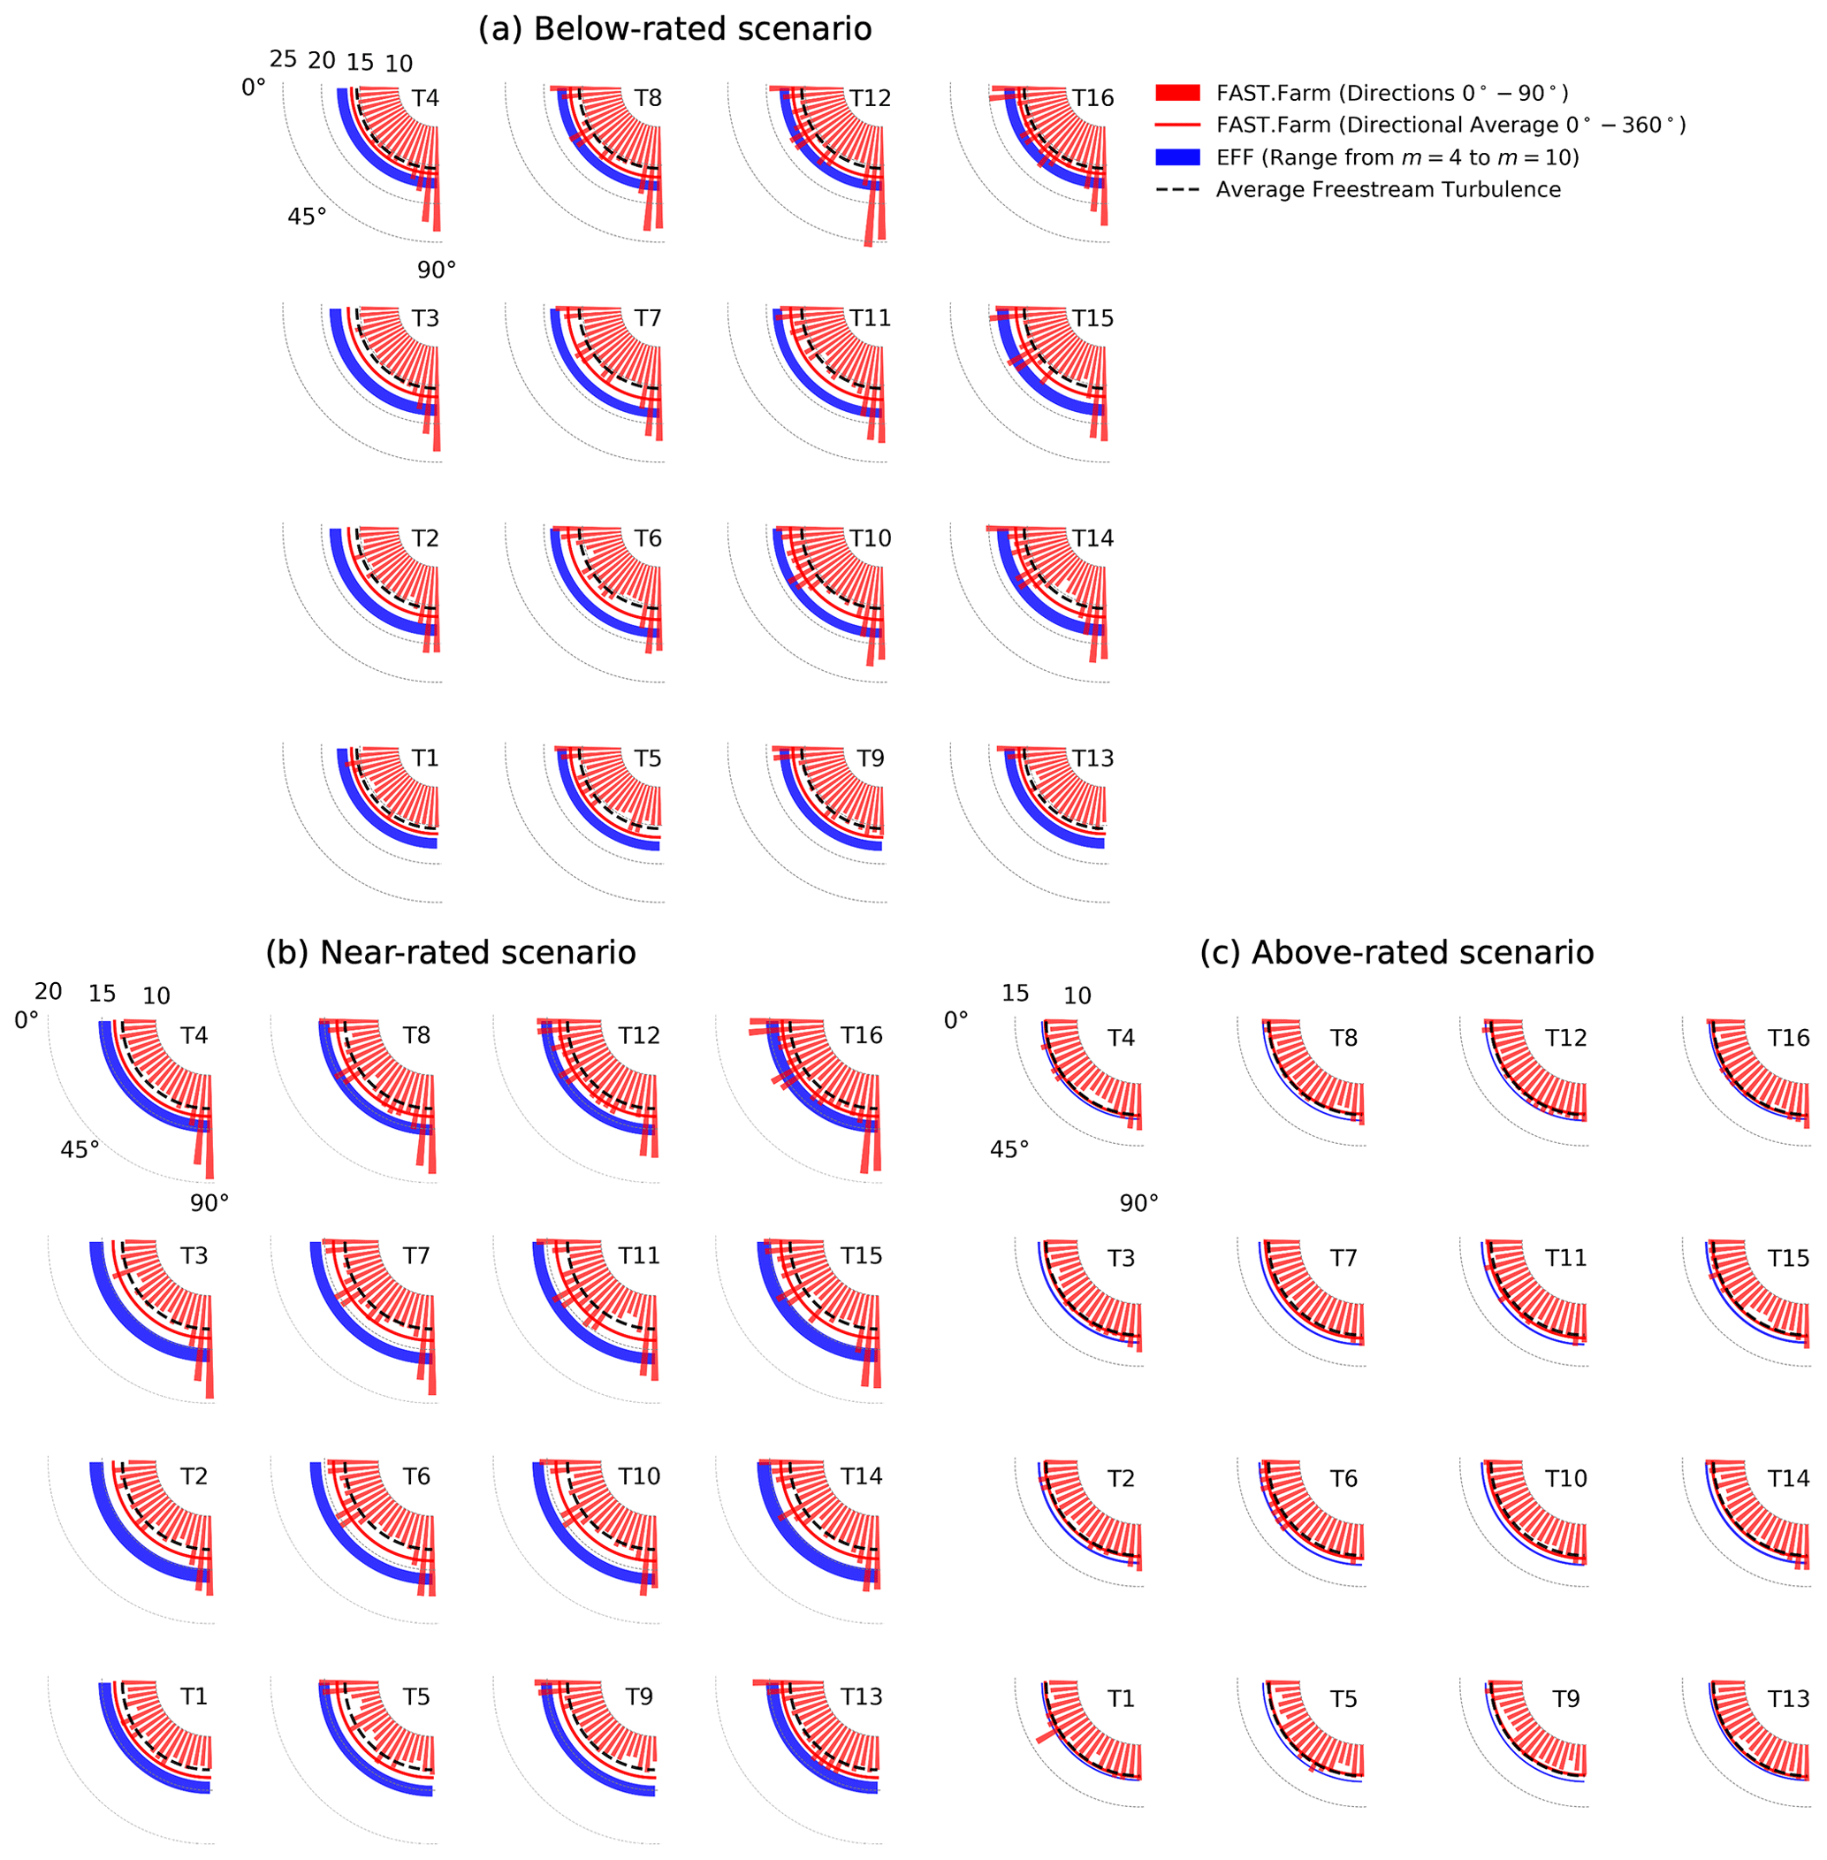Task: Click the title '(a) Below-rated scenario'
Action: click(674, 30)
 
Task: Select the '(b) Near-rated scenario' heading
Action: click(450, 952)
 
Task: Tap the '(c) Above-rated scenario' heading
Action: click(1397, 952)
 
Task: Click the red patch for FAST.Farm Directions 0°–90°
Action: click(1177, 93)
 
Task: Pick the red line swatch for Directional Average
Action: click(1177, 125)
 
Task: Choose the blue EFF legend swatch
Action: click(1177, 157)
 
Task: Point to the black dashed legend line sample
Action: click(1177, 190)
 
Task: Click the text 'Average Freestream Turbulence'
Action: click(1388, 190)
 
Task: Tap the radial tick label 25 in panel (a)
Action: click(283, 59)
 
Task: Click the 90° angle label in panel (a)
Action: click(437, 271)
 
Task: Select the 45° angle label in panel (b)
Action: click(80, 1150)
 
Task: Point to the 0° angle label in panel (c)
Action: click(955, 1021)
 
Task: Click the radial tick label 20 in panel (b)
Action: click(48, 991)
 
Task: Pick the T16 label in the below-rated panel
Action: click(1093, 98)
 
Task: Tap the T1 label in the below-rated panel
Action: click(425, 758)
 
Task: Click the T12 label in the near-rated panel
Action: click(639, 1035)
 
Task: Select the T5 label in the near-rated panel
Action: click(416, 1696)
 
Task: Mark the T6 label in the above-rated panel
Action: click(1344, 1479)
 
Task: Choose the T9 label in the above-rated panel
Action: click(1566, 1699)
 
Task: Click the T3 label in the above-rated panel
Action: click(1121, 1258)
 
